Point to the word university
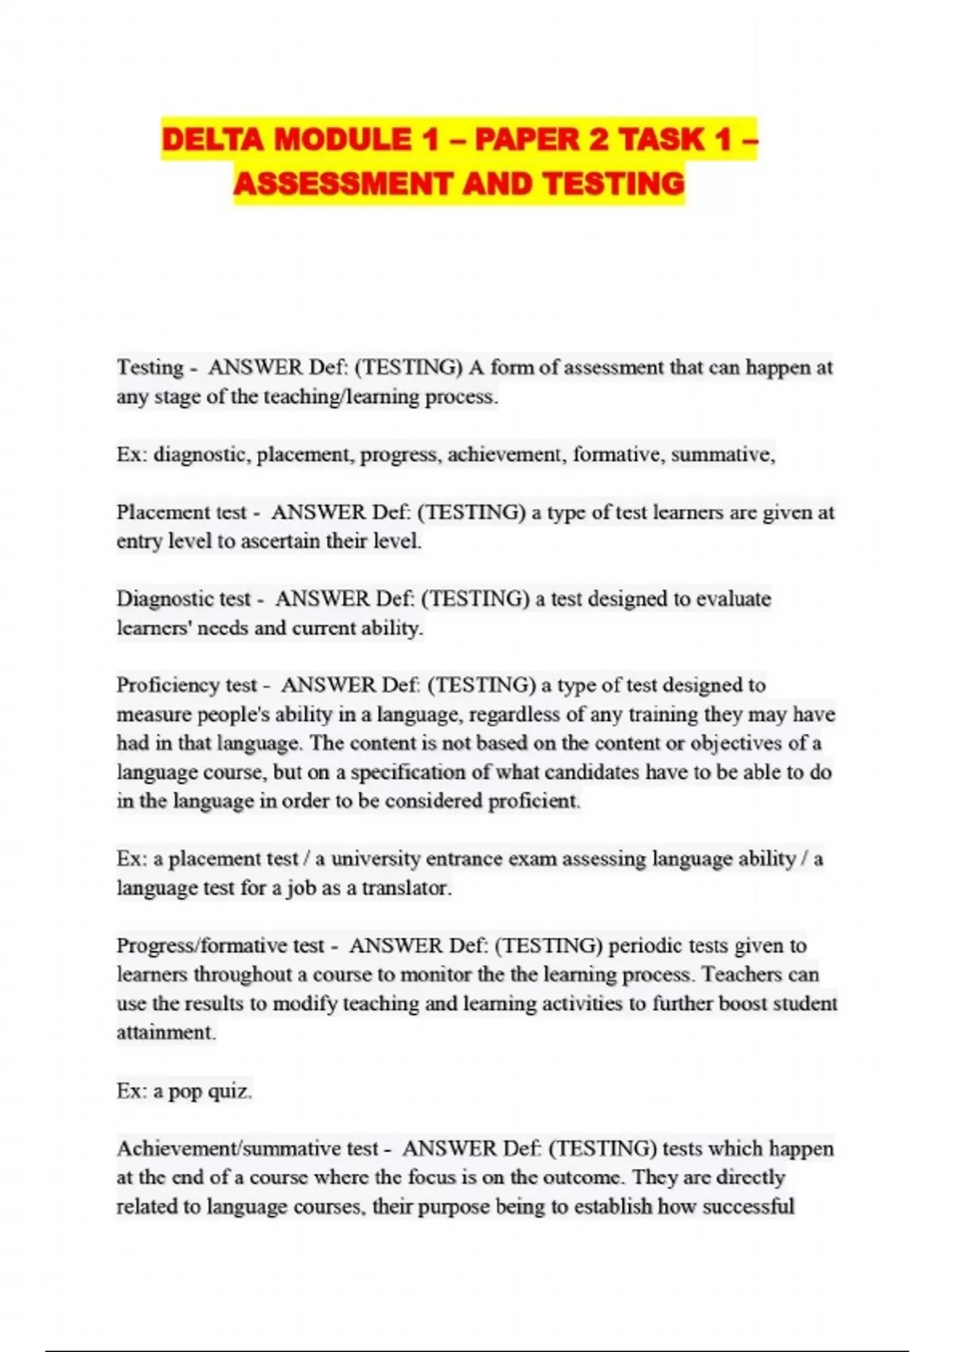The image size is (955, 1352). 375,859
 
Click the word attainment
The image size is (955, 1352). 166,1032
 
